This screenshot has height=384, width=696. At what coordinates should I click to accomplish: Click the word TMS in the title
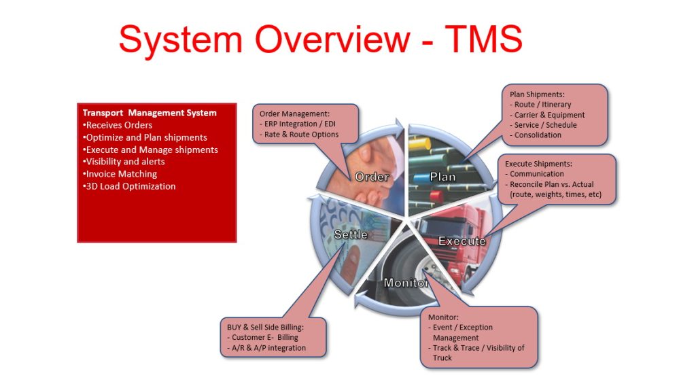(483, 39)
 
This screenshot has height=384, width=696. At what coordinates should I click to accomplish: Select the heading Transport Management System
(150, 113)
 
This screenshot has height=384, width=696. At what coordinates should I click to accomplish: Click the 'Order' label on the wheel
(372, 177)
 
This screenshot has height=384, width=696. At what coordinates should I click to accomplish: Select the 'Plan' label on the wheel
(442, 177)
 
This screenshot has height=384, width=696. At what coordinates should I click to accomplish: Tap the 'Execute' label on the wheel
(462, 241)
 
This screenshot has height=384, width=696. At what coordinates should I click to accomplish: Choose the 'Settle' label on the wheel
(351, 234)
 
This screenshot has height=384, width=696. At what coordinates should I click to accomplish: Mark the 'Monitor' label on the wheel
(406, 283)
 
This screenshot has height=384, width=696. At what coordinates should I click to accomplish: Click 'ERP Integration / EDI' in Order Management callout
(301, 124)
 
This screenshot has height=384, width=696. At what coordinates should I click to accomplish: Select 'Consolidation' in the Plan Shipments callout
(538, 135)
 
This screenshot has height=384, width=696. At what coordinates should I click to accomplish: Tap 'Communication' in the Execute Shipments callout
(536, 174)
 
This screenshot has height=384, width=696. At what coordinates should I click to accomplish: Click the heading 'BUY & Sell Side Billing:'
(265, 327)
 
